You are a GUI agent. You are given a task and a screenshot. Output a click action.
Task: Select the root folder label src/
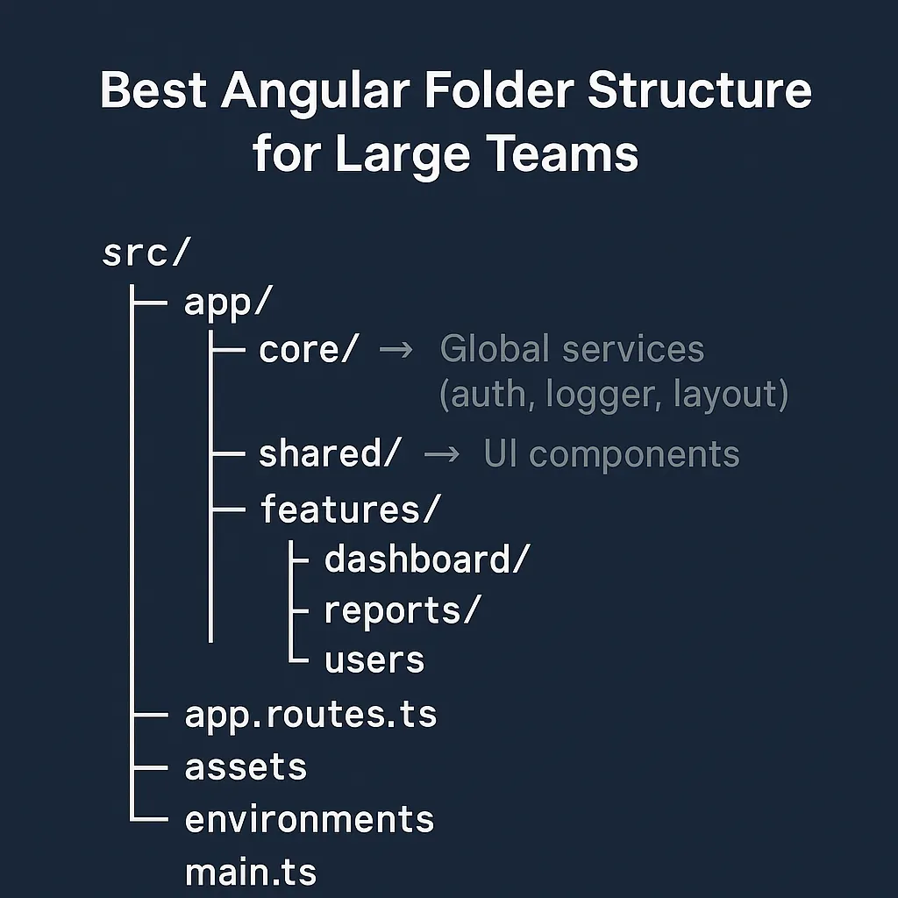(146, 253)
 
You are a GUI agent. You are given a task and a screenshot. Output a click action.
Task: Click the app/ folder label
(228, 303)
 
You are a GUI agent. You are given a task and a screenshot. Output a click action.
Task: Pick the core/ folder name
(309, 350)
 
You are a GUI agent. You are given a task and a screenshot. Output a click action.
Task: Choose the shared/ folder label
(330, 454)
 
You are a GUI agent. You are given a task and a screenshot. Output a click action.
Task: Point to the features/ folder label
(348, 510)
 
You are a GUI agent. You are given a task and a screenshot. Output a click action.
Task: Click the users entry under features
(374, 660)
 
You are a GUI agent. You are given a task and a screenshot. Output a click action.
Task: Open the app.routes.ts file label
(310, 716)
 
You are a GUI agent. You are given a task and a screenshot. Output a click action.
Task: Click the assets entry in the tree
(246, 767)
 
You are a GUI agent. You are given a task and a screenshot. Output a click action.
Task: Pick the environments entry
(310, 819)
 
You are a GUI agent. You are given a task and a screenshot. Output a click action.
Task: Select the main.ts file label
(251, 873)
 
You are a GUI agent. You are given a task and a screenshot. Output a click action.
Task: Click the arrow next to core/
(396, 350)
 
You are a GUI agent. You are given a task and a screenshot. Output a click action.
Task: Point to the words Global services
(572, 349)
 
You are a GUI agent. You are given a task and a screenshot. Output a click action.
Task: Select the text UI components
(611, 454)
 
